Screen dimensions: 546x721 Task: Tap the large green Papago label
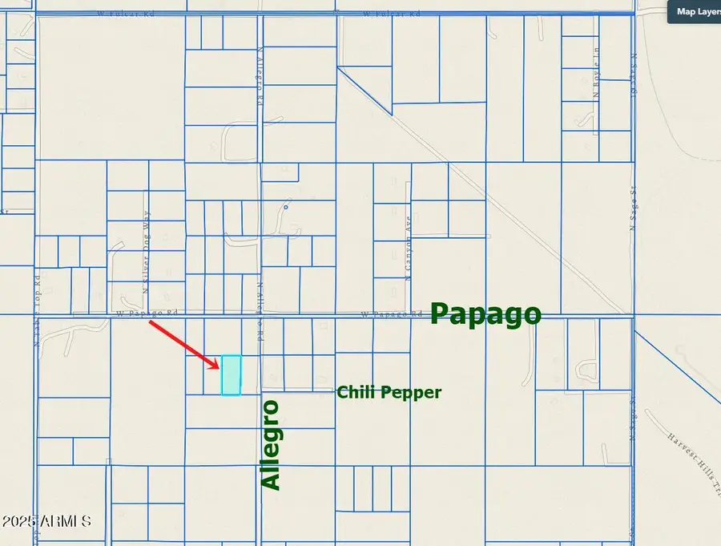pos(485,313)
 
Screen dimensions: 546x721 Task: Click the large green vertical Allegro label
pos(272,444)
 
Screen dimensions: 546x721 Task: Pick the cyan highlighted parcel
pos(231,375)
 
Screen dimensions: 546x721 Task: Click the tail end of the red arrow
pos(151,322)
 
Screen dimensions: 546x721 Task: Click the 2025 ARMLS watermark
pos(46,522)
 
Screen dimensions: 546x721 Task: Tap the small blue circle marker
pos(285,207)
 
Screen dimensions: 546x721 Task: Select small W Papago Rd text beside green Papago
pos(391,314)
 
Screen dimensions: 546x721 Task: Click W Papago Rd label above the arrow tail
pos(145,313)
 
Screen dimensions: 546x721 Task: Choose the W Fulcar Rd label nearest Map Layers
pos(392,14)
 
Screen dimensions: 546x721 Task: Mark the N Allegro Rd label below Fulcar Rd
pos(260,89)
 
